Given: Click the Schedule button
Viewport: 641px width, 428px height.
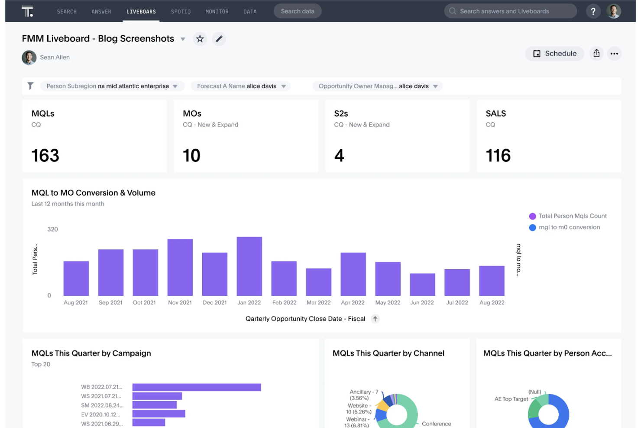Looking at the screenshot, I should pyautogui.click(x=554, y=54).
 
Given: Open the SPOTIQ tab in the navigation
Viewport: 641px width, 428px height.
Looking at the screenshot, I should pyautogui.click(x=181, y=12).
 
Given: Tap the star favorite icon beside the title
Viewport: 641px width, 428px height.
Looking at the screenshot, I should pyautogui.click(x=200, y=39).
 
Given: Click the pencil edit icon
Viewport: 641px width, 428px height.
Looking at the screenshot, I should pyautogui.click(x=219, y=39).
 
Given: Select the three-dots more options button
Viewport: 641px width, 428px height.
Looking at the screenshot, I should pyautogui.click(x=614, y=54).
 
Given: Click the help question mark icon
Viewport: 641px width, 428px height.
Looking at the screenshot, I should pyautogui.click(x=593, y=11).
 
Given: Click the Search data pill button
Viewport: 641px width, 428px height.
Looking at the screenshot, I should pyautogui.click(x=298, y=11).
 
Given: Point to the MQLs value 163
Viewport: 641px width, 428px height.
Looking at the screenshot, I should pyautogui.click(x=45, y=156).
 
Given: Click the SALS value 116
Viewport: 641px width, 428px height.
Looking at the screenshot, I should pyautogui.click(x=498, y=156).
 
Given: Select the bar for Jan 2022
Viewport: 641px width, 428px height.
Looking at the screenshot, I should pyautogui.click(x=249, y=266).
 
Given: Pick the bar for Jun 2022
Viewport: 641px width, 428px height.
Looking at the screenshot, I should pyautogui.click(x=422, y=284).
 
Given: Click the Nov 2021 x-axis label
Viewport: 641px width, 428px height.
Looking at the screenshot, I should pyautogui.click(x=180, y=303).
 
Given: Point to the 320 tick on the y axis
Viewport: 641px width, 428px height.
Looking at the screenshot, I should pyautogui.click(x=52, y=229).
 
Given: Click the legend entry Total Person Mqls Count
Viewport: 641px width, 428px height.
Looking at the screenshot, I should pyautogui.click(x=572, y=216).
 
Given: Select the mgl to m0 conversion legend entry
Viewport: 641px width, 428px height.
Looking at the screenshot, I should pyautogui.click(x=569, y=227).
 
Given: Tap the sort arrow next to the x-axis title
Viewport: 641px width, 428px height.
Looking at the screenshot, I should pyautogui.click(x=375, y=319).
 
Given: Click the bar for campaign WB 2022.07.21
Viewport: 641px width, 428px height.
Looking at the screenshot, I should pyautogui.click(x=197, y=387).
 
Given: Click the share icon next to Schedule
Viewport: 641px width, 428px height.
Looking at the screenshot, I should pyautogui.click(x=596, y=54).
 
